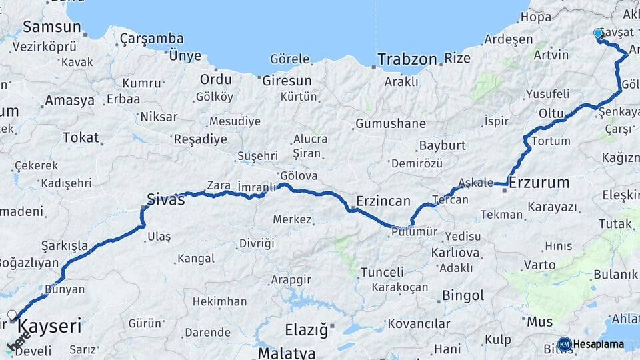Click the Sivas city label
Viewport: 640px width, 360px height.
165,199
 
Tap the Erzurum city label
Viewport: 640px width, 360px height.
539,182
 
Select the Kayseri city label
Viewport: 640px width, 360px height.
50,326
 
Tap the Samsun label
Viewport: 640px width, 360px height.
52,27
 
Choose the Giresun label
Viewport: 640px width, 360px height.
287,81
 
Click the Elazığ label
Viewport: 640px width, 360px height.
307,329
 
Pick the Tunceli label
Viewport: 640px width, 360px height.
382,272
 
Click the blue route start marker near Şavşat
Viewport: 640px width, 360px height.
598,33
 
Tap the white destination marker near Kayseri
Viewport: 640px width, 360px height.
11,314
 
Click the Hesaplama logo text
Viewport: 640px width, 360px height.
598,345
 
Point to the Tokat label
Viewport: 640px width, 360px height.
81,138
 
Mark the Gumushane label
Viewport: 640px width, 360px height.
390,123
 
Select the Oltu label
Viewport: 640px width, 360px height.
551,113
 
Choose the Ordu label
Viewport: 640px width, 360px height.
216,80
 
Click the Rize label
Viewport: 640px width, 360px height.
457,59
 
